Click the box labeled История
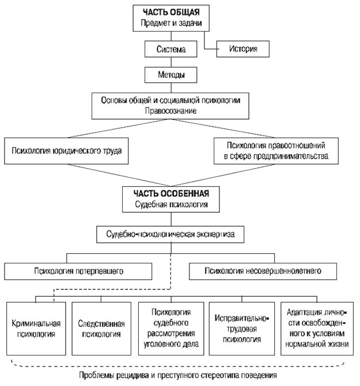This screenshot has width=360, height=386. [242, 49]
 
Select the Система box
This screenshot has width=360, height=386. [170, 49]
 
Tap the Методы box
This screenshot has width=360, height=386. [170, 75]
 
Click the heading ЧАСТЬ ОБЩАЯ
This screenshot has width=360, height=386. [171, 12]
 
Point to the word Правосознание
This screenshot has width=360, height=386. [170, 111]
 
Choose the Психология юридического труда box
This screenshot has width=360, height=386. [66, 151]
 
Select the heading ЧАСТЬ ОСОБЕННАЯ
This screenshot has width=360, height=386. [171, 193]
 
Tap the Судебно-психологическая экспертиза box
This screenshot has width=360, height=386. [170, 234]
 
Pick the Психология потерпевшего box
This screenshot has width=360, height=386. [78, 272]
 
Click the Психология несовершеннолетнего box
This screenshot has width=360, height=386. [263, 272]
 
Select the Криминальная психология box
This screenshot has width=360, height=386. [36, 328]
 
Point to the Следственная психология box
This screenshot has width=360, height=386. [101, 328]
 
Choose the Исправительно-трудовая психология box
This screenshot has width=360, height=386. [242, 328]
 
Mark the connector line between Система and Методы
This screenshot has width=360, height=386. [171, 62]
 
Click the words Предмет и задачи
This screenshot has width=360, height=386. [171, 23]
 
